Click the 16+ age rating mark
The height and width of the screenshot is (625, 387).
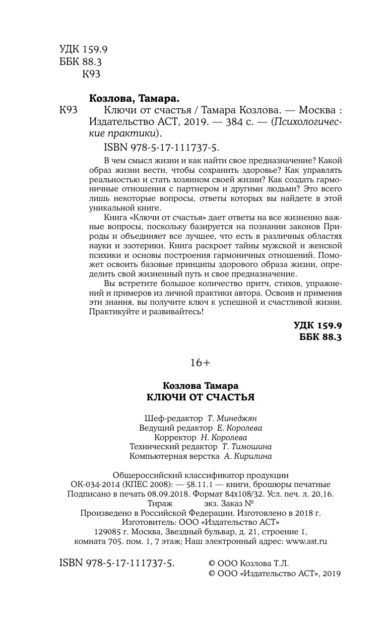pyautogui.click(x=193, y=363)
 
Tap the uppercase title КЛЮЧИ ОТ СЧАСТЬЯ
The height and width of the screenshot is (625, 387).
pyautogui.click(x=193, y=397)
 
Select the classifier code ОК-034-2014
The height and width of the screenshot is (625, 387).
pyautogui.click(x=93, y=484)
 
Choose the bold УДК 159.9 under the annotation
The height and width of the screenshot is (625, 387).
pyautogui.click(x=318, y=326)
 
